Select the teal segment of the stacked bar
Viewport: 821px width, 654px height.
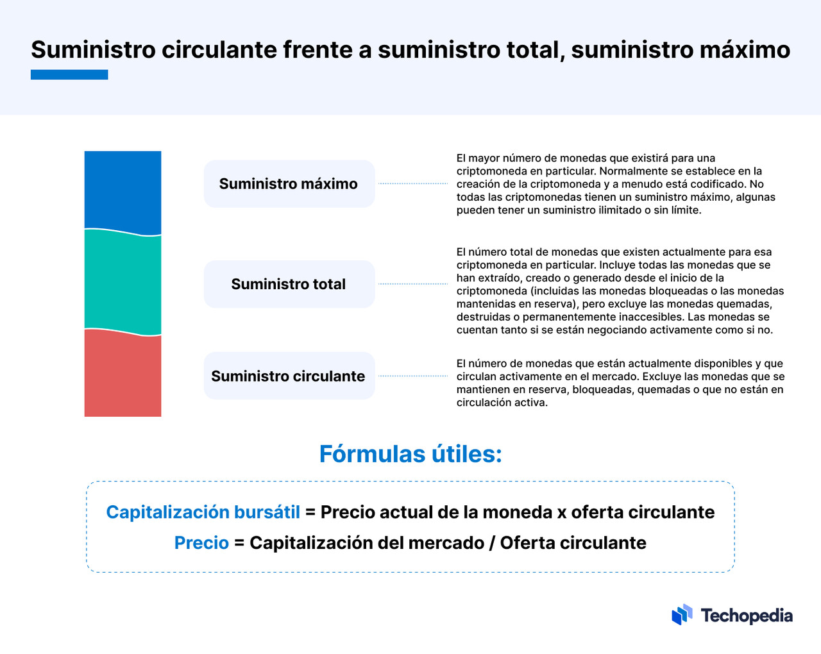pos(123,282)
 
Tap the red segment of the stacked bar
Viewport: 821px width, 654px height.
pos(123,374)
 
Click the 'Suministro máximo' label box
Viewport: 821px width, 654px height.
pos(289,184)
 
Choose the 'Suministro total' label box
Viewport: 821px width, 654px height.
pos(289,284)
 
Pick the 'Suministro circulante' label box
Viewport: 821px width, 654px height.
pos(289,376)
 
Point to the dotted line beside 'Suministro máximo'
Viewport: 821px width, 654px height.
pos(413,183)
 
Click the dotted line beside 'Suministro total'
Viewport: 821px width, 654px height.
pos(413,283)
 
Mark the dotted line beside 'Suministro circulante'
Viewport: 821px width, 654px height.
pos(413,376)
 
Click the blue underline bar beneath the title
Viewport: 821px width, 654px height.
pos(69,74)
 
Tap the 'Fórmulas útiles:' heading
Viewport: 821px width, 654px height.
pos(410,454)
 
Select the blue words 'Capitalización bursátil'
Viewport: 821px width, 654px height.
pos(203,512)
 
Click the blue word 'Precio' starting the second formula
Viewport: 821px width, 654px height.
pos(201,542)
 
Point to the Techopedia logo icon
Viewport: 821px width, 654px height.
pos(682,614)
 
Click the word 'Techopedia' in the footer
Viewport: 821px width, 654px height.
pos(747,616)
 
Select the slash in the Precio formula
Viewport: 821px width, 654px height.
pos(492,542)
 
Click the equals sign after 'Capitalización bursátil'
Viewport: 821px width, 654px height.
pos(310,512)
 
